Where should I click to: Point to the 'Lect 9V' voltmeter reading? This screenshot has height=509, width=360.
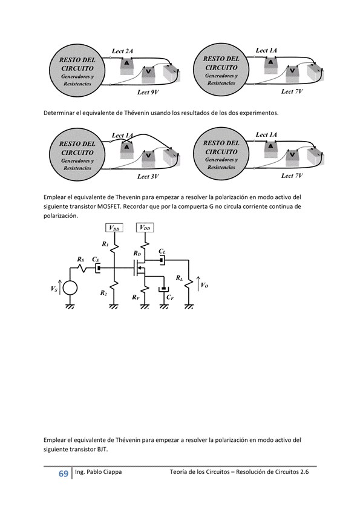coord(148,93)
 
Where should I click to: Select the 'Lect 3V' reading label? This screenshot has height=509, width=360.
coord(148,177)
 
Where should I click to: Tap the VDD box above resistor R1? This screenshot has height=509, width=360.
coord(114,228)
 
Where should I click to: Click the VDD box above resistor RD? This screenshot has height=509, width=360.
coord(145,228)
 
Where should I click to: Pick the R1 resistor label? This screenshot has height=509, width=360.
coord(105,244)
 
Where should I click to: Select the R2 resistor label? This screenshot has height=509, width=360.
coord(103,292)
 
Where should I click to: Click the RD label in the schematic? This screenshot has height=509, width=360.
coord(137,253)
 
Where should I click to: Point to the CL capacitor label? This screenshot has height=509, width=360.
coord(162,251)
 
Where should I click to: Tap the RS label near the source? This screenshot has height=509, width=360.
coord(80,259)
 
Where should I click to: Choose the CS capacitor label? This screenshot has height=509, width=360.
coord(96,259)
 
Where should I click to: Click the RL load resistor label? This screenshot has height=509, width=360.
coord(179,278)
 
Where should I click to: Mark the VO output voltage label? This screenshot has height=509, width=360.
coord(205,284)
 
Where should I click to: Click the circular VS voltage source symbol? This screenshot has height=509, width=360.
coord(70,288)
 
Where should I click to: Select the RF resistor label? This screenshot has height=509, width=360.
coord(136,297)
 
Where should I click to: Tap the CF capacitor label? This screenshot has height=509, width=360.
coord(170,298)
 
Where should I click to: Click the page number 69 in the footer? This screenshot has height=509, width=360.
coord(63,473)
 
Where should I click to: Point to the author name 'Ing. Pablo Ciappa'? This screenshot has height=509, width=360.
coord(97,472)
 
